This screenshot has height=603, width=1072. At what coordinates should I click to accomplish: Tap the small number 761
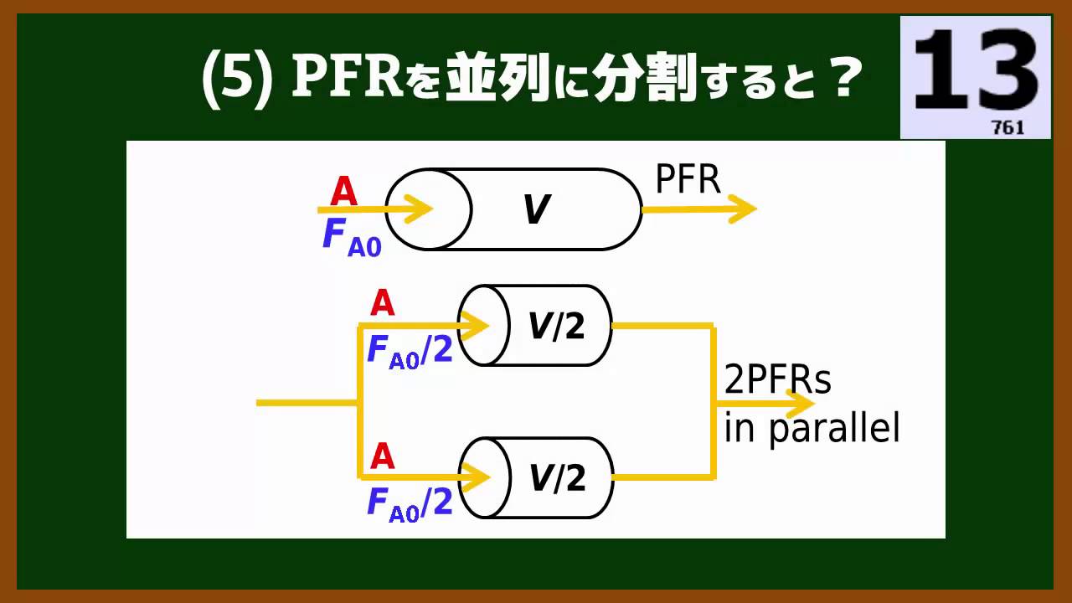(x=1008, y=128)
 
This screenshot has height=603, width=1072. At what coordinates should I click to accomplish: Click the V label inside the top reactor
(x=536, y=209)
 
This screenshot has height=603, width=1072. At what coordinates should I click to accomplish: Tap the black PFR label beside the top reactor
(x=688, y=179)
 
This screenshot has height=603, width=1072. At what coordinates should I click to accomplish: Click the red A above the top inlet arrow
(x=343, y=192)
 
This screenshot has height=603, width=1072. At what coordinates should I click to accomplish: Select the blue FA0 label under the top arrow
(x=351, y=238)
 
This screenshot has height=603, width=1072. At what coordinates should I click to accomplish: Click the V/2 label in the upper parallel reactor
(x=556, y=326)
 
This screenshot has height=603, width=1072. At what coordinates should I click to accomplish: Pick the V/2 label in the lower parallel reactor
(x=556, y=477)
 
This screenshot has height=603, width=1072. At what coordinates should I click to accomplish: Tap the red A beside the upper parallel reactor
(x=382, y=303)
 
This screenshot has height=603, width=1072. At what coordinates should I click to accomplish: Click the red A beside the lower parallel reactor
(x=382, y=456)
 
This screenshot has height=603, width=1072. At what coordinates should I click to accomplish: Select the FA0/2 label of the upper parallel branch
(x=410, y=352)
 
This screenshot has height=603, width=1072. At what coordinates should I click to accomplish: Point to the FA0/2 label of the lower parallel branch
(x=410, y=504)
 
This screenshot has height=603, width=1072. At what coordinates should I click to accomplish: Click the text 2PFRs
(x=778, y=380)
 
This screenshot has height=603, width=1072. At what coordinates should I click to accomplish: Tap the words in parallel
(x=812, y=429)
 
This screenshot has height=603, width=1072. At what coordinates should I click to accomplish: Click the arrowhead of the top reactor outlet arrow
(x=743, y=209)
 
